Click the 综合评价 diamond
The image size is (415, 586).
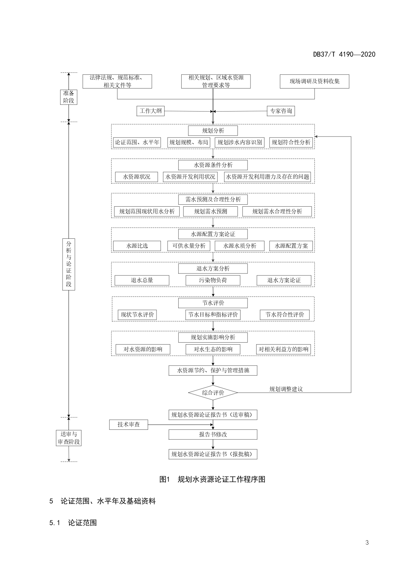pos(213,393)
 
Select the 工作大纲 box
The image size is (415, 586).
pos(150,111)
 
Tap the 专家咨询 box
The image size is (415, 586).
pos(281,111)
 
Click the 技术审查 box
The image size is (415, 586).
pos(128,425)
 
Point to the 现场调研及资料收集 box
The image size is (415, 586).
pos(314,81)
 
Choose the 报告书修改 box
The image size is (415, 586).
pos(213,434)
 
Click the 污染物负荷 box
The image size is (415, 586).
pos(213,280)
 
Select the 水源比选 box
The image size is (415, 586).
pos(137,246)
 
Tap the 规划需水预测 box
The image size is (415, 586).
pos(210,211)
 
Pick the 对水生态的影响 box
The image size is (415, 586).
pos(213,349)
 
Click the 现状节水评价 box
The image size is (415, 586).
pos(137,315)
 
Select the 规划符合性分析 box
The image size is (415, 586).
pos(291,142)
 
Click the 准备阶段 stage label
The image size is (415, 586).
pos(69,97)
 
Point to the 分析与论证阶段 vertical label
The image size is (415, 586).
pos(69,264)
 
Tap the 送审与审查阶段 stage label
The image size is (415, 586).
pos(69,438)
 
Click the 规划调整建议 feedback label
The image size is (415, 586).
pos(286,389)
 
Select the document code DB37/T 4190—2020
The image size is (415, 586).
pos(344,54)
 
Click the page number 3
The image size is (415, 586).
pos(367,543)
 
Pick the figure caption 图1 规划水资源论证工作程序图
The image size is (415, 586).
pos(212,479)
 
